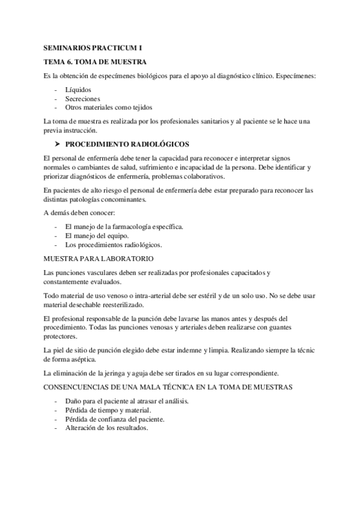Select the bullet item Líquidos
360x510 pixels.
pyautogui.click(x=76, y=90)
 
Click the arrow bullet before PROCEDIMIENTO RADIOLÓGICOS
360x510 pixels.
pyautogui.click(x=58, y=145)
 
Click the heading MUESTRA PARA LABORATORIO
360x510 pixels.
pyautogui.click(x=99, y=259)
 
